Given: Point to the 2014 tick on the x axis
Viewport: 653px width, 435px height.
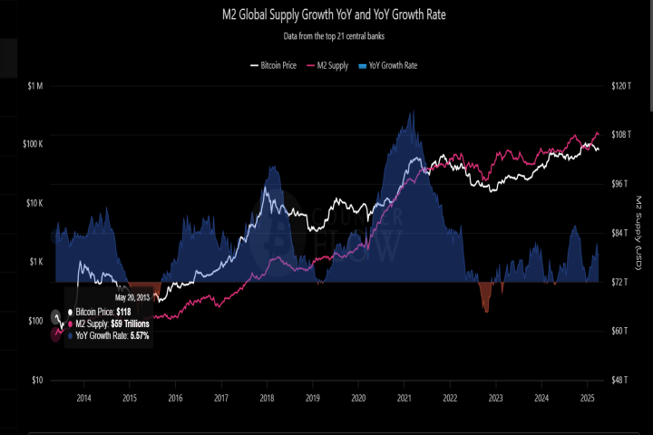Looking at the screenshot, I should click(83, 398).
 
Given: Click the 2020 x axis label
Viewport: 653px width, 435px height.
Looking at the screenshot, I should click(358, 398).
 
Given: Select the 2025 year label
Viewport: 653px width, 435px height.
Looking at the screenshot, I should click(587, 398).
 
